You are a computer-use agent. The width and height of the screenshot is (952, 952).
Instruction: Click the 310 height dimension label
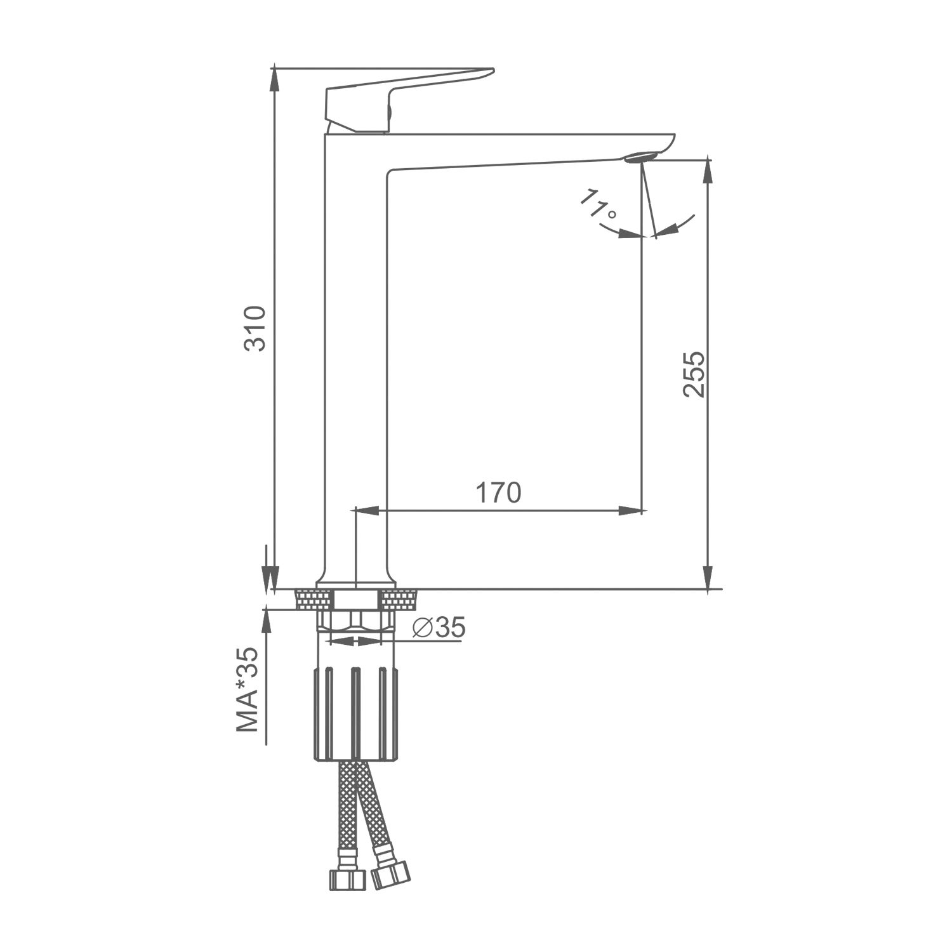click(x=255, y=328)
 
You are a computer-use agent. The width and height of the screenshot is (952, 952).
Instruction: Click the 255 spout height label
click(x=694, y=374)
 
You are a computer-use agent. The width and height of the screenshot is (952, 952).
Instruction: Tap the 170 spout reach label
click(x=498, y=493)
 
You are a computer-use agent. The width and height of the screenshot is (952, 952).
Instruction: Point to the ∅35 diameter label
click(x=439, y=628)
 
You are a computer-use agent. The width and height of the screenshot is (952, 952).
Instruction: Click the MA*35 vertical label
click(x=249, y=690)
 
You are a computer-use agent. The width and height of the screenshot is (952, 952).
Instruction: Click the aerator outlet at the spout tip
click(x=642, y=157)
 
